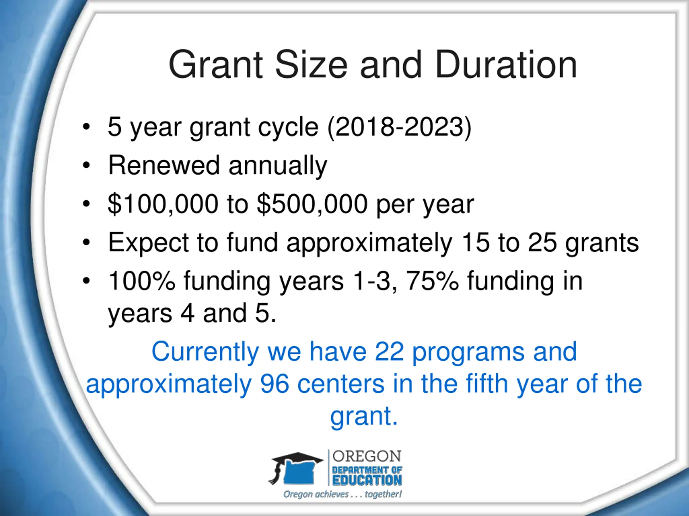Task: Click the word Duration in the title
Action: [506, 64]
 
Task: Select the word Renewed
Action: [164, 165]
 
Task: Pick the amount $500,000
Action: [312, 204]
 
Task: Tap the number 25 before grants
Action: [542, 243]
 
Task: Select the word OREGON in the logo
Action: [367, 457]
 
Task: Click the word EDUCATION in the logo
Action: [367, 480]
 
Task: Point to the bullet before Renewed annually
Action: [86, 166]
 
